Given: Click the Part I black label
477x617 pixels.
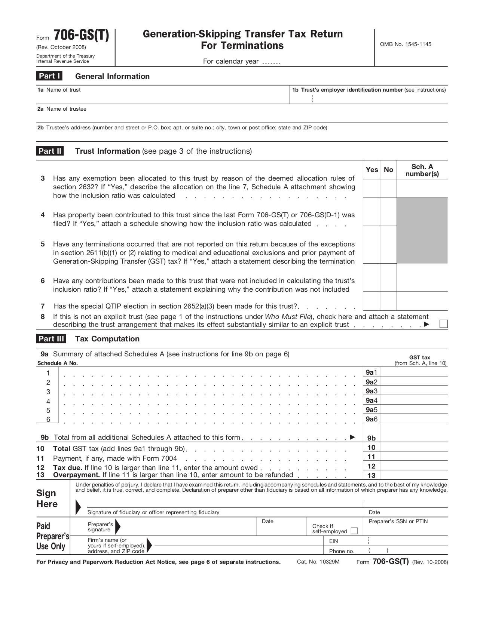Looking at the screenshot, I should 49,76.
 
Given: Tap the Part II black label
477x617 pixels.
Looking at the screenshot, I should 50,151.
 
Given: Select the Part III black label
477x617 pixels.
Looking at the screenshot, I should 51,339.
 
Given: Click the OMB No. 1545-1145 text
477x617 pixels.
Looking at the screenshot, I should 406,44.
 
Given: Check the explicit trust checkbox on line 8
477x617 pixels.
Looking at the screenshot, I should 443,324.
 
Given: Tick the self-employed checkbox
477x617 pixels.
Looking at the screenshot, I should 354,531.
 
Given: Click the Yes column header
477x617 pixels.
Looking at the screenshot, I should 371,170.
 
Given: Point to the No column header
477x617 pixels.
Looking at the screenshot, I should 388,170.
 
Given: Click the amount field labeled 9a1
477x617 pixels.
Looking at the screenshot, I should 414,372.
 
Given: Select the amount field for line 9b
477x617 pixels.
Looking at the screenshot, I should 414,438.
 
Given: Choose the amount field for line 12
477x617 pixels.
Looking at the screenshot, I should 414,466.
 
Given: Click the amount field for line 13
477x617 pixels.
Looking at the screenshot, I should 414,475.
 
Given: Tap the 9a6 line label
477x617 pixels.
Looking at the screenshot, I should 371,419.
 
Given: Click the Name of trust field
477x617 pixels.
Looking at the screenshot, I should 163,97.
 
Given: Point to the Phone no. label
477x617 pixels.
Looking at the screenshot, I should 342,551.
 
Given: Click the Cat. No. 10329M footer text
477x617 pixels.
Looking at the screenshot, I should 318,562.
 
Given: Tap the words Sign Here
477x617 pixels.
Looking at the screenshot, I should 47,498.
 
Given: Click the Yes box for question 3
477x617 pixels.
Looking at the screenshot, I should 371,188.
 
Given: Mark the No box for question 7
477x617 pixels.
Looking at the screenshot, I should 388,301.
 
